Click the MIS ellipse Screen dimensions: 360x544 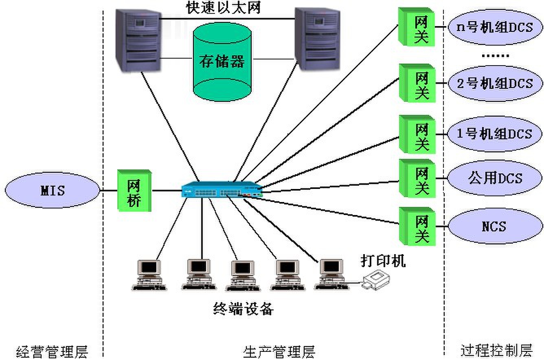53,190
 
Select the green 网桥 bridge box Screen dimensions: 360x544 134,191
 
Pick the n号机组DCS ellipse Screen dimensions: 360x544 495,28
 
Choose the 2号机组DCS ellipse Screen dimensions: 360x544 495,83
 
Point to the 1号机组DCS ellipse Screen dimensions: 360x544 495,134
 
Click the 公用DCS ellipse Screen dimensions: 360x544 495,178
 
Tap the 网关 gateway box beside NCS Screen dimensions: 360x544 417,226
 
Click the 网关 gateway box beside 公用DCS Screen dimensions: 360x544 417,178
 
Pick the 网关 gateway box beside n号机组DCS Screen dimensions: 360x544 417,28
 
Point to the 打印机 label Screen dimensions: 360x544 383,261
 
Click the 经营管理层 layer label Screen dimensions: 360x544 52,351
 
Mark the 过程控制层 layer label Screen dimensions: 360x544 496,350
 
